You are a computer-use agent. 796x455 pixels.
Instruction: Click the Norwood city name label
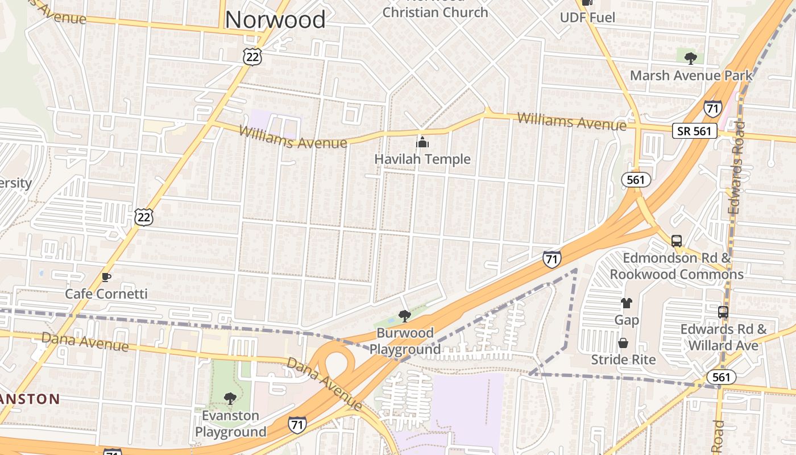point(275,19)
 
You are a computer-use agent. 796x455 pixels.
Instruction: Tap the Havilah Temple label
point(422,159)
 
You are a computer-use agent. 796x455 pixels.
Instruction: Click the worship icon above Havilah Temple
point(422,142)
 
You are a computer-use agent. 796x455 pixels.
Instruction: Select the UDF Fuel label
point(587,18)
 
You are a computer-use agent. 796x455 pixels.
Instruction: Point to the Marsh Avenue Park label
point(691,76)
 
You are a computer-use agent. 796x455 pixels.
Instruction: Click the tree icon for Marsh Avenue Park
point(691,58)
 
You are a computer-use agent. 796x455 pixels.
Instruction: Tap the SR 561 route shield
point(694,131)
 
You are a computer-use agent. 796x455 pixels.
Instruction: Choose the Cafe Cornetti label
point(106,294)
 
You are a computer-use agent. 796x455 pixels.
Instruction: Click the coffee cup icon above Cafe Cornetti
point(106,277)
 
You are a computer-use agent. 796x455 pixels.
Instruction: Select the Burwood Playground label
point(405,341)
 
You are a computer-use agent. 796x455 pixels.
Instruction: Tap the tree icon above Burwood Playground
point(404,316)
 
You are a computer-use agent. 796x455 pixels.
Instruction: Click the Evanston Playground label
point(230,424)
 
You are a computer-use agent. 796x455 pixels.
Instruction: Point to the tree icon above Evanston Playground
point(230,399)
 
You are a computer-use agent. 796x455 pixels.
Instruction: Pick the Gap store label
point(626,320)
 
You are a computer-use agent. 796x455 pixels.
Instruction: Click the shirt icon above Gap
point(626,303)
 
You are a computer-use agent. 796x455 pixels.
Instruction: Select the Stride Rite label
point(623,360)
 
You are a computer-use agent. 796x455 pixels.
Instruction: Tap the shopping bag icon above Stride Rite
point(623,344)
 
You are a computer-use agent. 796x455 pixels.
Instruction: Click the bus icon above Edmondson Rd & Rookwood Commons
point(677,241)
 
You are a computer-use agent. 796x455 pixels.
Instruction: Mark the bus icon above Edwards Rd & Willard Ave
point(723,312)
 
